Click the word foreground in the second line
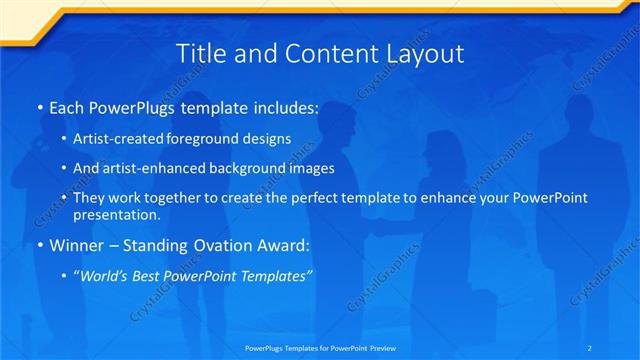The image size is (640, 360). pos(212,139)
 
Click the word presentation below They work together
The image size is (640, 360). pos(116,214)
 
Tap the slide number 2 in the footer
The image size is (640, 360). pos(591,347)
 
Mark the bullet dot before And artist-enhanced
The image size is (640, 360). pos(65,169)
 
